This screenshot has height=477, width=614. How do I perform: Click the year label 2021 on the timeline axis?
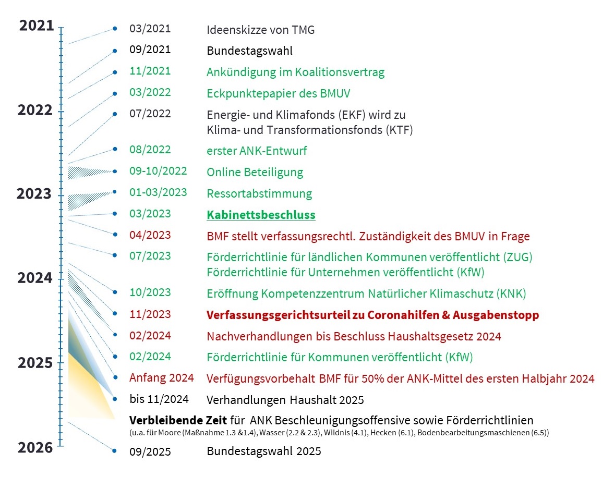(x=37, y=25)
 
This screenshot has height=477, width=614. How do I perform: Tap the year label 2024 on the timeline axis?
(x=35, y=278)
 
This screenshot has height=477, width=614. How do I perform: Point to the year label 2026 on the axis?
(x=35, y=447)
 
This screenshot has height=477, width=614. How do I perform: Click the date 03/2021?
(x=150, y=29)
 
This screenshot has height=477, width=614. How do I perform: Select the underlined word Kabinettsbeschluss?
(x=261, y=215)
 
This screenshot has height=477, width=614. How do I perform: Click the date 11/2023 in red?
(x=150, y=314)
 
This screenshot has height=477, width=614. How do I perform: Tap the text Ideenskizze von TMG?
(x=260, y=30)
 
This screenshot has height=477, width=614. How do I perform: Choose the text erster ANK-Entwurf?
(x=257, y=151)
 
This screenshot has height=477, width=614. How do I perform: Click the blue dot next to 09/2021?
(x=114, y=51)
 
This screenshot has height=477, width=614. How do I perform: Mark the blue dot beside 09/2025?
(x=114, y=450)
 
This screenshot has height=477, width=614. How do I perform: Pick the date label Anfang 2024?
(x=162, y=378)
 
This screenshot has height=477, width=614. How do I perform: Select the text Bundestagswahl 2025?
(x=264, y=451)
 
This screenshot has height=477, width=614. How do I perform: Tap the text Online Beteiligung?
(x=255, y=172)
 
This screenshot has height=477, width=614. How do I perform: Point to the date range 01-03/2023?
(x=158, y=192)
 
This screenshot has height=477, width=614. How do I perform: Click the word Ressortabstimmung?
(x=259, y=193)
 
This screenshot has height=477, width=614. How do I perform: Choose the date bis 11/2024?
(x=159, y=400)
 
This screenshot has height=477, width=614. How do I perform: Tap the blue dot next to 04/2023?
(x=114, y=235)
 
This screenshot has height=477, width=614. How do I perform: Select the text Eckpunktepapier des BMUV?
(x=278, y=94)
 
